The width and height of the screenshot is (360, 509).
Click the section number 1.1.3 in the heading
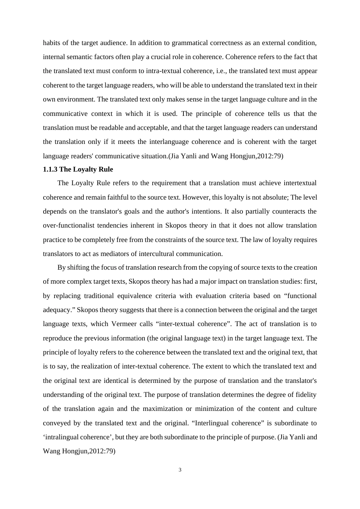(50, 169)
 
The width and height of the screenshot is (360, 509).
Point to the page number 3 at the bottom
(180, 470)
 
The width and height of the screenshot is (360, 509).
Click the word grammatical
(191, 43)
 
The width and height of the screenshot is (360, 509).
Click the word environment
(75, 99)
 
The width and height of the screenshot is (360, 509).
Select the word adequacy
(58, 310)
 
